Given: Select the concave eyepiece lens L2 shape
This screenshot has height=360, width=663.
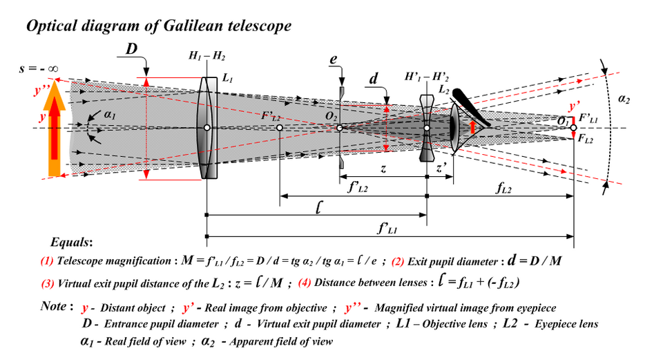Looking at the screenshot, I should coord(427,129).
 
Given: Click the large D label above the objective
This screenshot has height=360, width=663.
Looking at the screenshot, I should coord(133,49).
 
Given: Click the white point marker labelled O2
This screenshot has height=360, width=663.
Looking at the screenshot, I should coord(339,128).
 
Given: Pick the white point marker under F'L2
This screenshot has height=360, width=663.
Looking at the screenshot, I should coord(279,128).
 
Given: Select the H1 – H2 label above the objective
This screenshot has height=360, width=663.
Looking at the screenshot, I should coord(206,56).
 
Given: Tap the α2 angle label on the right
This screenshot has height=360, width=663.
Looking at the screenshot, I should coord(624,100).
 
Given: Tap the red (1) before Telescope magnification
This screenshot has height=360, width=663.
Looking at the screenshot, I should coord(47,262).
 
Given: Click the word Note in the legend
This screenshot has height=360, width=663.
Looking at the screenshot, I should coord(53,305).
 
